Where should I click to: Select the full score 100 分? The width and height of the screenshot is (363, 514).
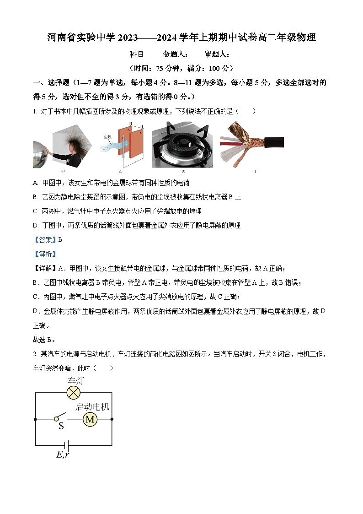click(217, 69)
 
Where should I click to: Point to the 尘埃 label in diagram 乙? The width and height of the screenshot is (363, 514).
click(107, 137)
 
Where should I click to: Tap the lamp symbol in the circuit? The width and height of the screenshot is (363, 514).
click(74, 392)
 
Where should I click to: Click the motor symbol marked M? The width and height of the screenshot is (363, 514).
click(90, 419)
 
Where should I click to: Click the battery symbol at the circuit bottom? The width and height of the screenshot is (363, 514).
click(67, 445)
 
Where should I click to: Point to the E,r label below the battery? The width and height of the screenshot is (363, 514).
click(63, 454)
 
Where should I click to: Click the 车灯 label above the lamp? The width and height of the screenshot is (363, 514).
click(76, 381)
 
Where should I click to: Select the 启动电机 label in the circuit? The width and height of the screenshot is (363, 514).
click(92, 406)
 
